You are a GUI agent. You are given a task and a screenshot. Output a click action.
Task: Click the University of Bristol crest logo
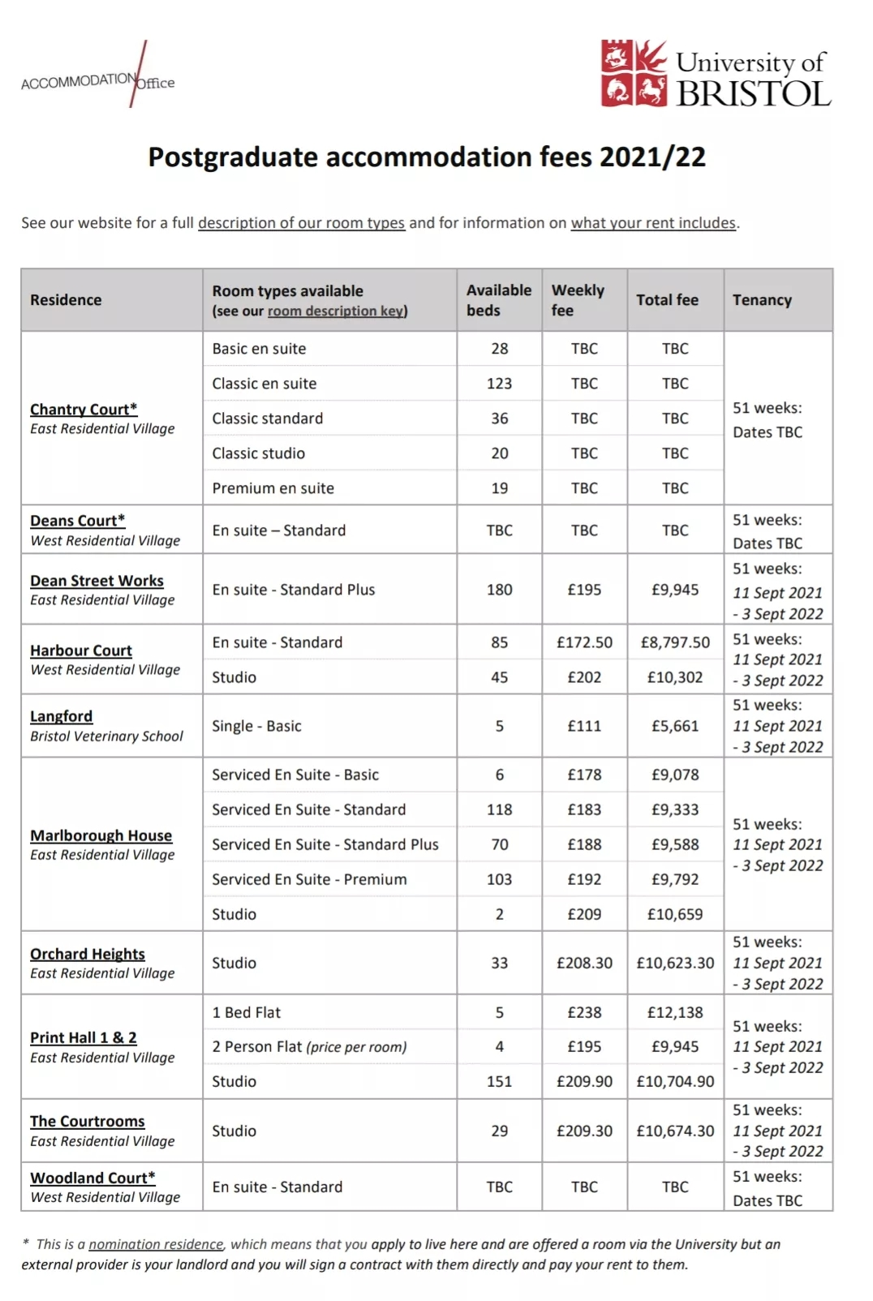pos(634,74)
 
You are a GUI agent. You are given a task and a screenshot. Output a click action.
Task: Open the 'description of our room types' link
pos(301,223)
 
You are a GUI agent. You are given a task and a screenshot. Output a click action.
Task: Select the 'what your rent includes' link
pos(653,223)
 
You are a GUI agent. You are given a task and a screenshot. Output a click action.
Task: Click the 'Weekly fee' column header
pos(578,300)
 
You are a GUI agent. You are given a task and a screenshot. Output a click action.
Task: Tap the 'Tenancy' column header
pos(762,300)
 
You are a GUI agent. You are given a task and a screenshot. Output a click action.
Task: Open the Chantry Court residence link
pos(84,410)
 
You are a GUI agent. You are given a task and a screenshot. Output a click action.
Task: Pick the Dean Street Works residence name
pos(97,581)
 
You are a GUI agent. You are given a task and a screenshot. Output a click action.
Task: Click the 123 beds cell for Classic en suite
pos(499,384)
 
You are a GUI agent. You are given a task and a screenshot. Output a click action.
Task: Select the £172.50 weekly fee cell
pos(584,642)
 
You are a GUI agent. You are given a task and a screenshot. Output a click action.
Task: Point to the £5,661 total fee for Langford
pos(675,726)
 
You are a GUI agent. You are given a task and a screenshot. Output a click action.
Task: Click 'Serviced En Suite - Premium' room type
pos(309,879)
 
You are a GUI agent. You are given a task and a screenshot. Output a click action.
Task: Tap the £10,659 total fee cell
pos(675,914)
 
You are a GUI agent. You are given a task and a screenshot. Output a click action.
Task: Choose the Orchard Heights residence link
pos(88,954)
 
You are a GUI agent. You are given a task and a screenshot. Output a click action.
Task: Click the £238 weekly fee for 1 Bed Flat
pos(584,1012)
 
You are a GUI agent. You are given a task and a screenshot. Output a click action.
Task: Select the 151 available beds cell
pos(499,1081)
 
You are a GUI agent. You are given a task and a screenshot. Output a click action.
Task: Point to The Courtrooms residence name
pos(88,1121)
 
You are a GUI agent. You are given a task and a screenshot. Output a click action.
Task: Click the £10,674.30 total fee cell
pos(675,1131)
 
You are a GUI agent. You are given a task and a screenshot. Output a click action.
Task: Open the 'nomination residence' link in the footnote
pos(156,1244)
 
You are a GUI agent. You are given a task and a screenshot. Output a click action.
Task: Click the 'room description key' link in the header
pos(336,311)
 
